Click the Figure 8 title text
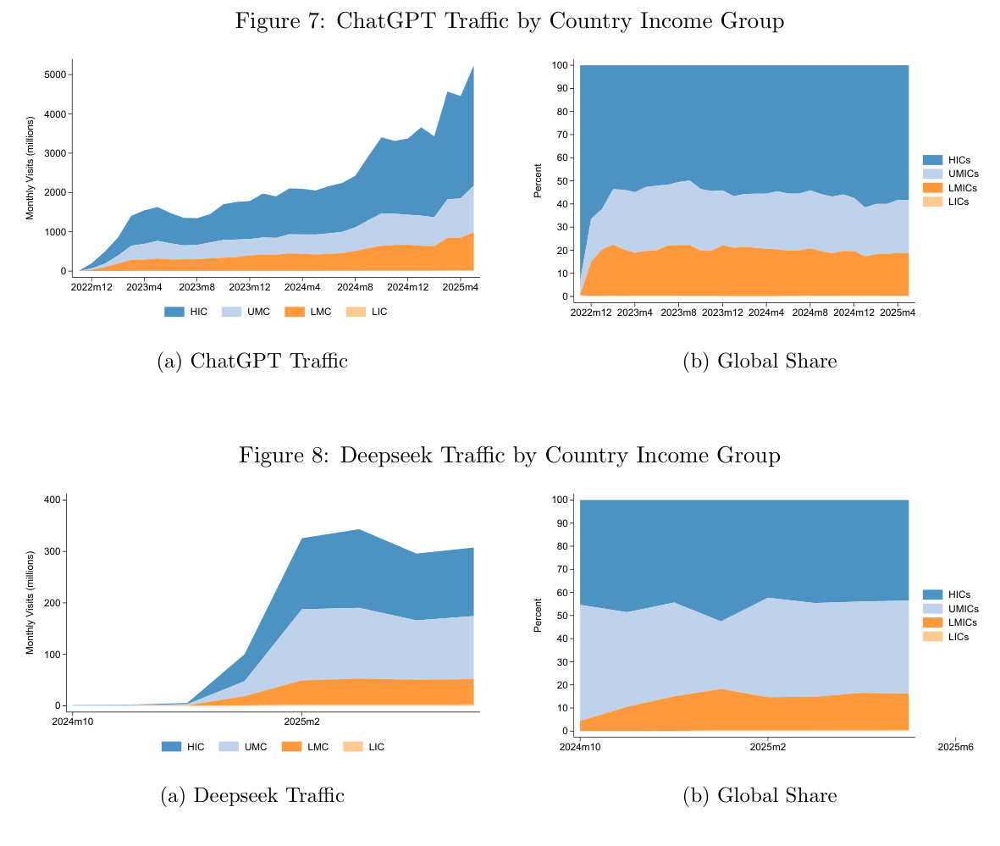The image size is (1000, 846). (x=509, y=456)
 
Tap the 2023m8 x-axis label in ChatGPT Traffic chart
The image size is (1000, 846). (x=196, y=288)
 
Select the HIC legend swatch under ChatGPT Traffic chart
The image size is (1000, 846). (x=174, y=312)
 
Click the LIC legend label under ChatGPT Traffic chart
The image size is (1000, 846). (x=379, y=312)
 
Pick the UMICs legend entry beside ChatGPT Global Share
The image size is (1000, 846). (x=963, y=173)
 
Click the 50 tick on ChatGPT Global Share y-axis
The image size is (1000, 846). (x=561, y=181)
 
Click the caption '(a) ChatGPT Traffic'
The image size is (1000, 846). (x=253, y=362)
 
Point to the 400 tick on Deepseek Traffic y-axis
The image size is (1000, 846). (x=52, y=500)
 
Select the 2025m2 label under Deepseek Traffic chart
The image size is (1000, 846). (x=301, y=722)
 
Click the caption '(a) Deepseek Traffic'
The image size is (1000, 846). (x=252, y=796)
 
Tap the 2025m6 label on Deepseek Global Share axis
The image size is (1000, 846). (x=955, y=748)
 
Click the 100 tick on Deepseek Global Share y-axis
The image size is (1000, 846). (x=560, y=500)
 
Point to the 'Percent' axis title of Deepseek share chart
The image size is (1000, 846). (x=538, y=616)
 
